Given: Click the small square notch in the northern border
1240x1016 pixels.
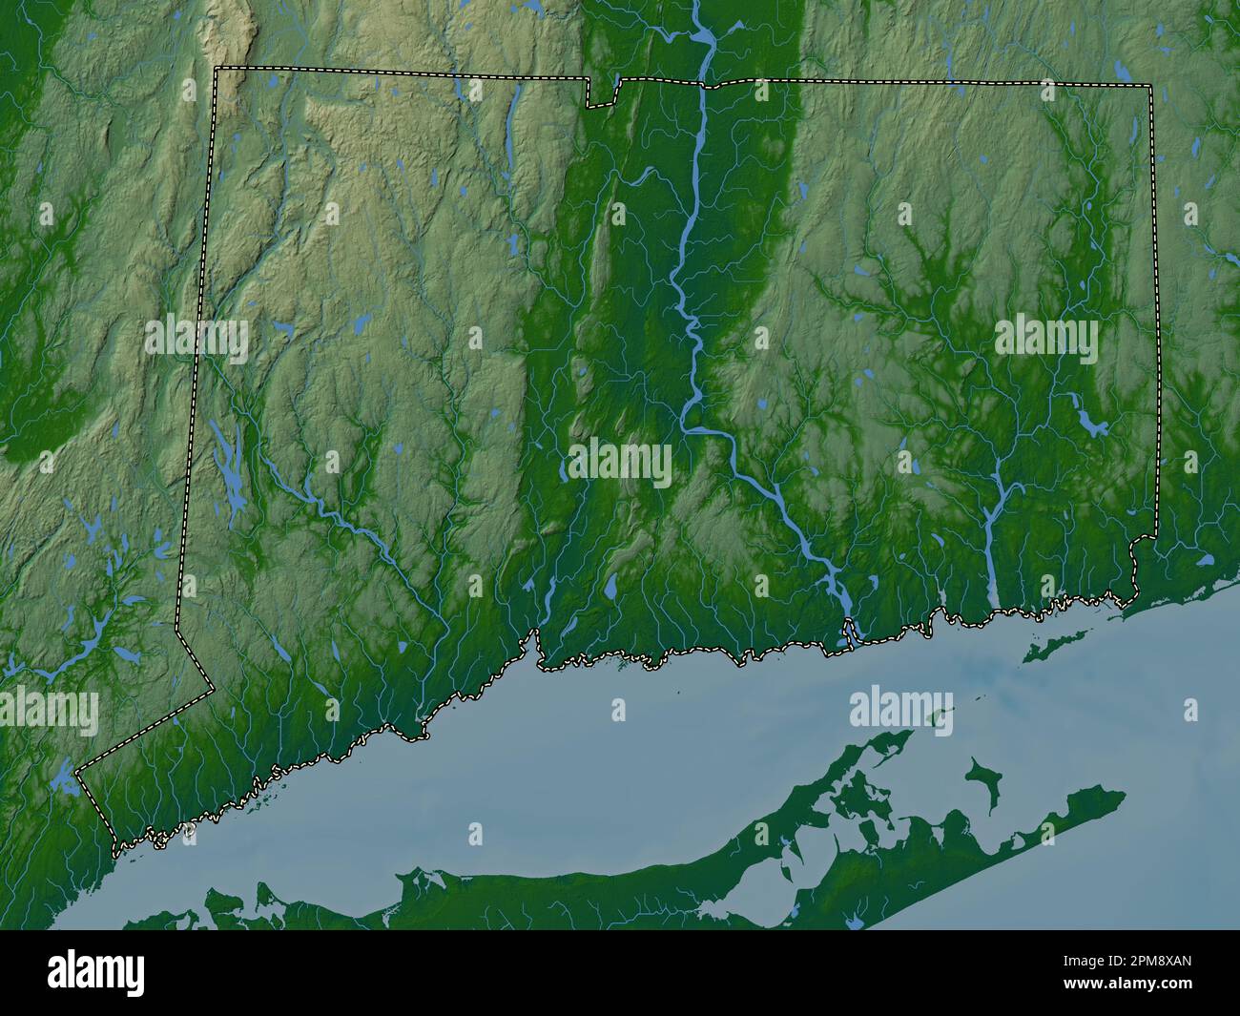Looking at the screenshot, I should (x=602, y=93).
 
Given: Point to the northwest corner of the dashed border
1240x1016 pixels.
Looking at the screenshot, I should (x=217, y=68).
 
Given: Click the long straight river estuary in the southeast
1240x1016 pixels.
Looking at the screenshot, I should (x=992, y=563).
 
